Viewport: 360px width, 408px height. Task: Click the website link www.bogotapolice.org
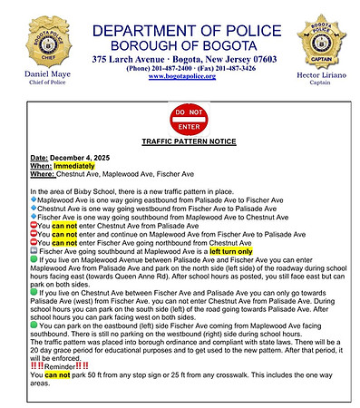181,77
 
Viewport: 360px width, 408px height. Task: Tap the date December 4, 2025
78,159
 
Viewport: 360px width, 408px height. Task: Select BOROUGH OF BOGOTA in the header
182,44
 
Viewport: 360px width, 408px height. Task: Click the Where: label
42,174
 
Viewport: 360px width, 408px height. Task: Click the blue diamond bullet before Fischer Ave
33,217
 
